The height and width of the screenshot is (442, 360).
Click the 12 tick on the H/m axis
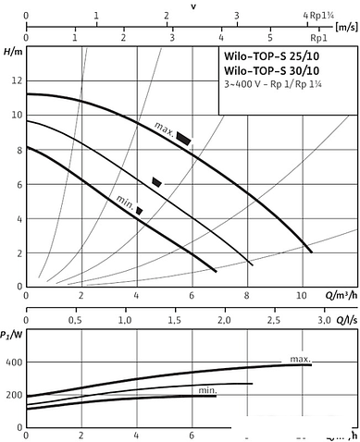tap(14, 80)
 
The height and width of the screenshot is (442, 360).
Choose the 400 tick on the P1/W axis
tap(12, 363)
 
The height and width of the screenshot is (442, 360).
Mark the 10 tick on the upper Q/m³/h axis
tap(302, 297)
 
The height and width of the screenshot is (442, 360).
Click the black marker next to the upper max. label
tap(184, 138)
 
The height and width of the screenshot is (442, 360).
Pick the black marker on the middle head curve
tap(156, 182)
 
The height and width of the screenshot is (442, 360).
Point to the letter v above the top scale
tap(192, 6)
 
